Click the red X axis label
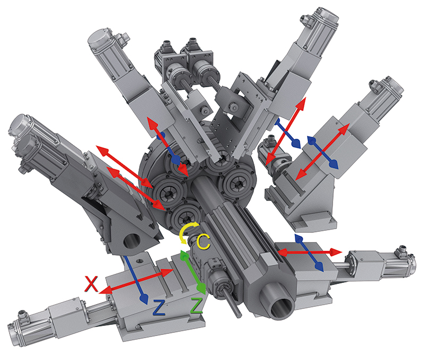91,284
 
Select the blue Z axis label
159,307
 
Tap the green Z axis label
197,305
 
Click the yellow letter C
203,242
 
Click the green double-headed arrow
193,272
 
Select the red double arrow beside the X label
136,281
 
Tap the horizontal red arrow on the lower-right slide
310,252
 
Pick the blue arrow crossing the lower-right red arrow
309,253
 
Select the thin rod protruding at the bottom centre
233,303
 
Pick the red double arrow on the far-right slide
322,152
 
